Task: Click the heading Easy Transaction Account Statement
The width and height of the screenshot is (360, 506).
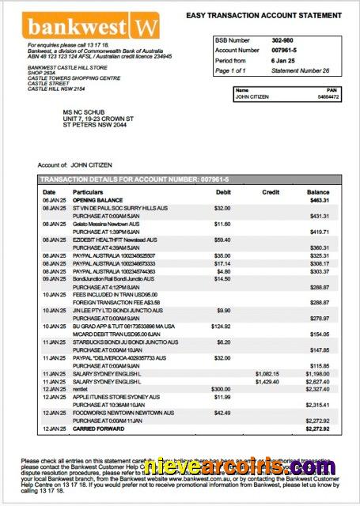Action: coord(263,15)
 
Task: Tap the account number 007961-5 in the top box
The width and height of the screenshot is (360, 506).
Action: coord(284,50)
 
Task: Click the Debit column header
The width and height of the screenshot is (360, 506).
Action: coord(222,192)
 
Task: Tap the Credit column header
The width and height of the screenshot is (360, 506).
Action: coord(271,192)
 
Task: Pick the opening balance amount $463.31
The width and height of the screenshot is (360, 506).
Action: coord(319,201)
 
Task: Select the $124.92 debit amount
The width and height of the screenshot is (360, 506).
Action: coord(221,326)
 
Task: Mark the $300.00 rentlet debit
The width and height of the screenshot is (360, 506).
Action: coord(221,389)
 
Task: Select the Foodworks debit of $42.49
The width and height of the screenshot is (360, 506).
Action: coord(222,412)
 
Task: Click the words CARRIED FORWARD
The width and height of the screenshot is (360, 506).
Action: coord(99,428)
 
